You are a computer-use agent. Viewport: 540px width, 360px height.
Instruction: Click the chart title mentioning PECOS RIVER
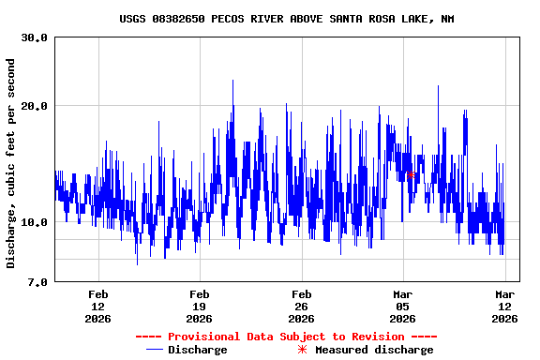pos(287,19)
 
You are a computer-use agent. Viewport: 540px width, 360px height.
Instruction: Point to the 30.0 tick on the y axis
pos(35,38)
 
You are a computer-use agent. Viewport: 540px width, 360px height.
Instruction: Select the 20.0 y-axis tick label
pos(35,106)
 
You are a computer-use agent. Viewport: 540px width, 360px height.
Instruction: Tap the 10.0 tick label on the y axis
pos(35,222)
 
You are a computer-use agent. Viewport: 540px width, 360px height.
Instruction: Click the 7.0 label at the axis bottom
pos(37,282)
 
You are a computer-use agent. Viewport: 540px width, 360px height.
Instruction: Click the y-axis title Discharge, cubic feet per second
pos(11,163)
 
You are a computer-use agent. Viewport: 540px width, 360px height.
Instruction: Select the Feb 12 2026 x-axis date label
pos(97,306)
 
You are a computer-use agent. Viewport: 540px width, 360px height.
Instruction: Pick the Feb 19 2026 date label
pos(199,306)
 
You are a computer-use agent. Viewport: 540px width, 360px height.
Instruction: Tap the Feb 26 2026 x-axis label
pos(301,306)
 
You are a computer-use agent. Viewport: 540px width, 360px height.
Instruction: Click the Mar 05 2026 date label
pos(402,306)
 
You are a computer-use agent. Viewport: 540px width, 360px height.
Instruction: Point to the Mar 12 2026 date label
pos(504,306)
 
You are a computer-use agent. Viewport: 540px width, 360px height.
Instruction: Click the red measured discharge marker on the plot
pos(411,174)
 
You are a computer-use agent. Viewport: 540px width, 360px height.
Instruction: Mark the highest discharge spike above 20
pos(232,82)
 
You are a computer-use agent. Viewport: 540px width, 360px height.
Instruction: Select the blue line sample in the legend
pos(155,350)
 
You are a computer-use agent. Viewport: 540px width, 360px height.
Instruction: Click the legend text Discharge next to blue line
pos(197,350)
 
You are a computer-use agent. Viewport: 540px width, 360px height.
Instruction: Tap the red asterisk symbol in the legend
pos(302,350)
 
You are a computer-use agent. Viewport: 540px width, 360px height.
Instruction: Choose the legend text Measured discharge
pos(373,350)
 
